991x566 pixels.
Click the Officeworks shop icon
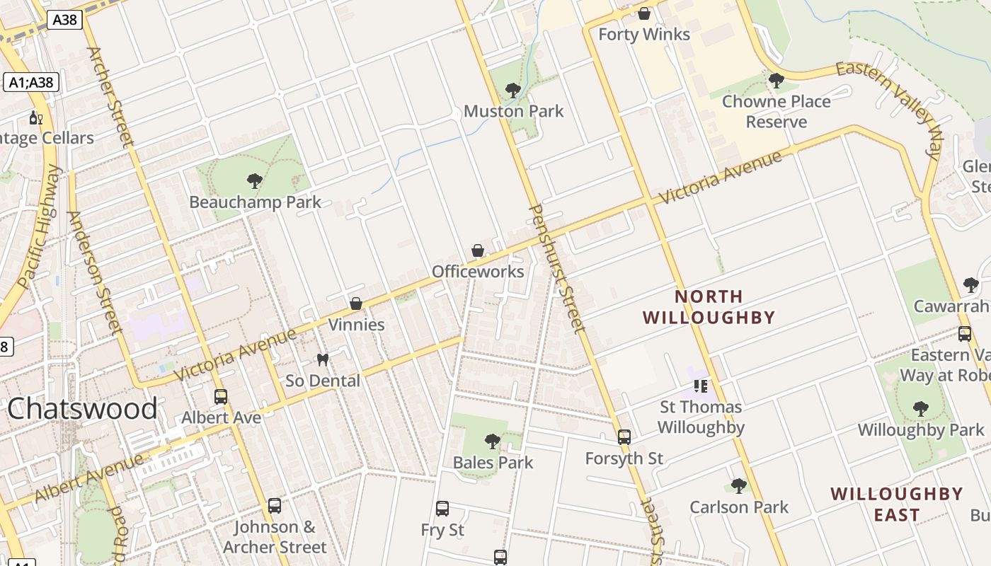(478, 251)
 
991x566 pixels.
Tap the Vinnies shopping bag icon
(356, 304)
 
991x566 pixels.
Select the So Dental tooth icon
(323, 359)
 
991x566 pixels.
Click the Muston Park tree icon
(513, 91)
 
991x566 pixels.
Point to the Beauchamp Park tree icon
(255, 181)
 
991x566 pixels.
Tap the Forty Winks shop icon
(644, 13)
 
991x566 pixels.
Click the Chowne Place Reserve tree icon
(777, 81)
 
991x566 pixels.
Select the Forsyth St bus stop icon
(624, 437)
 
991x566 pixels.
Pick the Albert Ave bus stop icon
(221, 397)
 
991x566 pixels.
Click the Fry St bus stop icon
(442, 508)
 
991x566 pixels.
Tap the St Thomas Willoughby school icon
(701, 386)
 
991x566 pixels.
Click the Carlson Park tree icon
(739, 486)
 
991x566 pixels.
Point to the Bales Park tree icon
(493, 442)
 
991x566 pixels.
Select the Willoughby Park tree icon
(920, 408)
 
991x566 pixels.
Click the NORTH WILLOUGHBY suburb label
(709, 306)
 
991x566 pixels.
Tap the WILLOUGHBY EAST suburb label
(896, 504)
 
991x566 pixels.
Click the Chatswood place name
(83, 409)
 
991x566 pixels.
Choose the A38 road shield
(64, 20)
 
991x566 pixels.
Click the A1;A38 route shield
(31, 82)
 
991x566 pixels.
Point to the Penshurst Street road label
(558, 269)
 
